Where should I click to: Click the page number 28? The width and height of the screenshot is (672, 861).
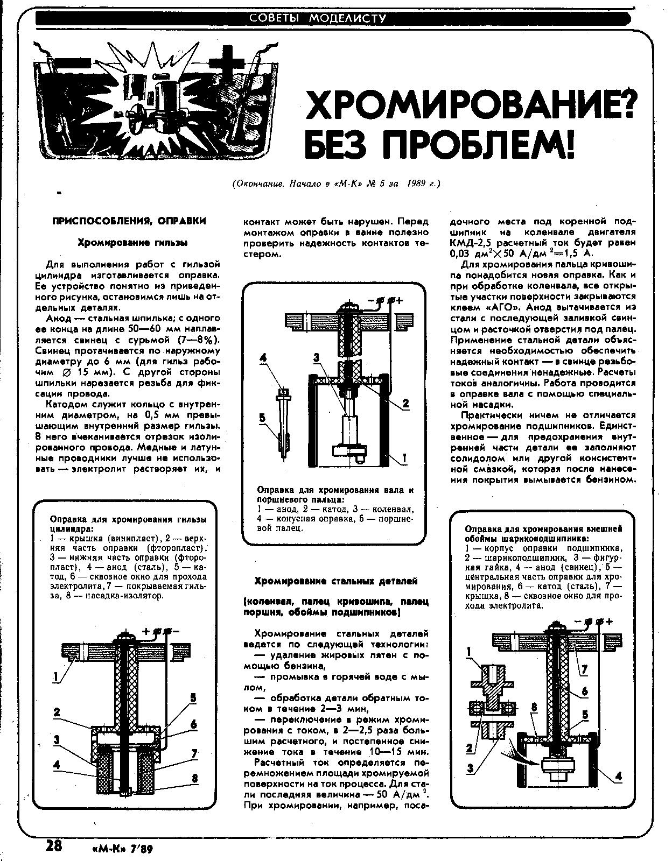pyautogui.click(x=53, y=845)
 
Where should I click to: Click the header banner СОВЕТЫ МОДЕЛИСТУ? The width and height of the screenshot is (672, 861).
pyautogui.click(x=318, y=19)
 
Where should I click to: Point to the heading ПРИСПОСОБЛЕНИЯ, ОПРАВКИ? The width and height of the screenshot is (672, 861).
pyautogui.click(x=129, y=221)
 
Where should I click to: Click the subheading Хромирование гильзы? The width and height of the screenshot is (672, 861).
pyautogui.click(x=132, y=243)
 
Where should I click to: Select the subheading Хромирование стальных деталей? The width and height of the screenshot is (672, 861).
pyautogui.click(x=335, y=581)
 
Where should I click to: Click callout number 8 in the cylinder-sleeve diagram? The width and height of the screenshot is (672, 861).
pyautogui.click(x=194, y=778)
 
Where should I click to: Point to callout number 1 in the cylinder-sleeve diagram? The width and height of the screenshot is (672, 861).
pyautogui.click(x=55, y=678)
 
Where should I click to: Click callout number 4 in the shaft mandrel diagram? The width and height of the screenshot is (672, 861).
pyautogui.click(x=263, y=357)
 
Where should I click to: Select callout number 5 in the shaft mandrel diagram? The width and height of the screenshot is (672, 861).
pyautogui.click(x=262, y=418)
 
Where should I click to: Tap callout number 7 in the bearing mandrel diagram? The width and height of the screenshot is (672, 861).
pyautogui.click(x=584, y=670)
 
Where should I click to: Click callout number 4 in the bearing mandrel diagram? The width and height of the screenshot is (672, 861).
pyautogui.click(x=618, y=776)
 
